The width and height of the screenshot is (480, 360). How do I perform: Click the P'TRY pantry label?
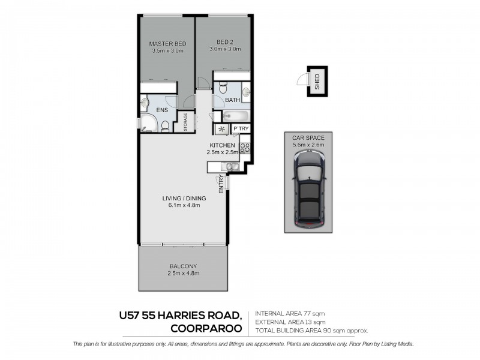point(241,129)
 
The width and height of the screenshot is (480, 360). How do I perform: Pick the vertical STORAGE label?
point(185,122)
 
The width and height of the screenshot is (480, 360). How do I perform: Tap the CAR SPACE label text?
point(308,137)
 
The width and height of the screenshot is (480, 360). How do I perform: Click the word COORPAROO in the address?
point(207,328)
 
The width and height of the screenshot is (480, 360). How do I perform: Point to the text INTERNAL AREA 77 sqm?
point(290,313)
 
